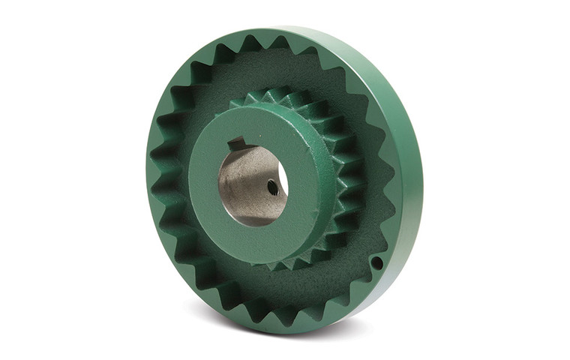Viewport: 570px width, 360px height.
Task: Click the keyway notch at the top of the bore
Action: tap(238, 143)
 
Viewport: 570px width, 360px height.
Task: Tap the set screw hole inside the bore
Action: tap(272, 188)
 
